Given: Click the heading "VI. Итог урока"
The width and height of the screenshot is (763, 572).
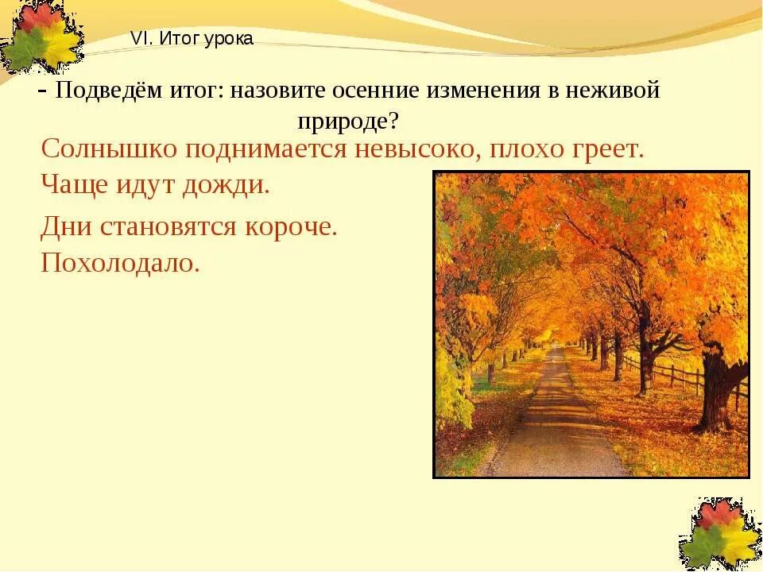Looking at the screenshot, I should (192, 39).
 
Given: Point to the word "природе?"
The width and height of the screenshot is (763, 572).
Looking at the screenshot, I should (348, 121).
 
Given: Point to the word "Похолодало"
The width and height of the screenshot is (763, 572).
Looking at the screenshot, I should (119, 262).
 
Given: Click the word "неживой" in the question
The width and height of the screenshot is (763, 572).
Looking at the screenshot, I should (613, 91).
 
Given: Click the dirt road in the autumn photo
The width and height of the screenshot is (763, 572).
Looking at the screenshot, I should (556, 429).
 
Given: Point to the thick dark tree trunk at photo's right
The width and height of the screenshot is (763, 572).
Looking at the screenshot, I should (719, 389).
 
